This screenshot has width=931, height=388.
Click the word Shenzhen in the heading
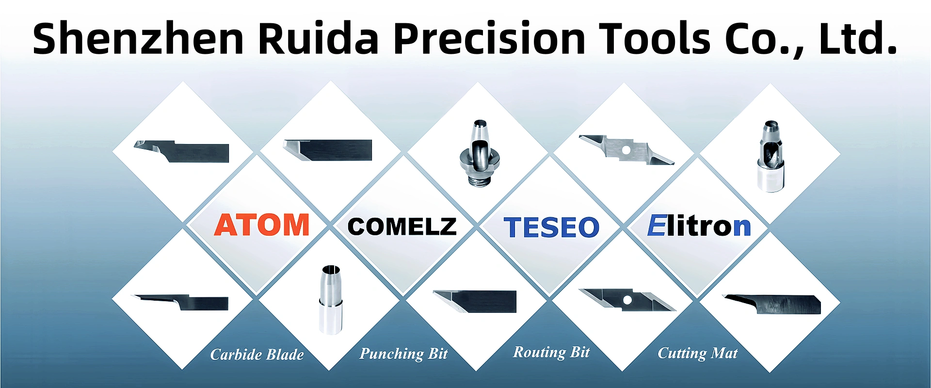click(x=138, y=39)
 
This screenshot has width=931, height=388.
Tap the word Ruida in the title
click(x=318, y=39)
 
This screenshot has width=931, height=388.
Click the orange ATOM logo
click(x=262, y=226)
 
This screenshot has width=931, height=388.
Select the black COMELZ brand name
click(x=402, y=226)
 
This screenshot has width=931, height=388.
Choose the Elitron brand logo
click(x=699, y=226)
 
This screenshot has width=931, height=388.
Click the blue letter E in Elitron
click(x=657, y=226)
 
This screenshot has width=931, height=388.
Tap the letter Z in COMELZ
click(x=446, y=226)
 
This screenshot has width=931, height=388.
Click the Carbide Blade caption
click(x=257, y=355)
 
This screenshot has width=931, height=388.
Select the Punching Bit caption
click(x=403, y=354)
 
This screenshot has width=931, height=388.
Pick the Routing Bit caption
click(x=551, y=352)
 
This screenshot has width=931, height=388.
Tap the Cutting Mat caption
click(x=697, y=353)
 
